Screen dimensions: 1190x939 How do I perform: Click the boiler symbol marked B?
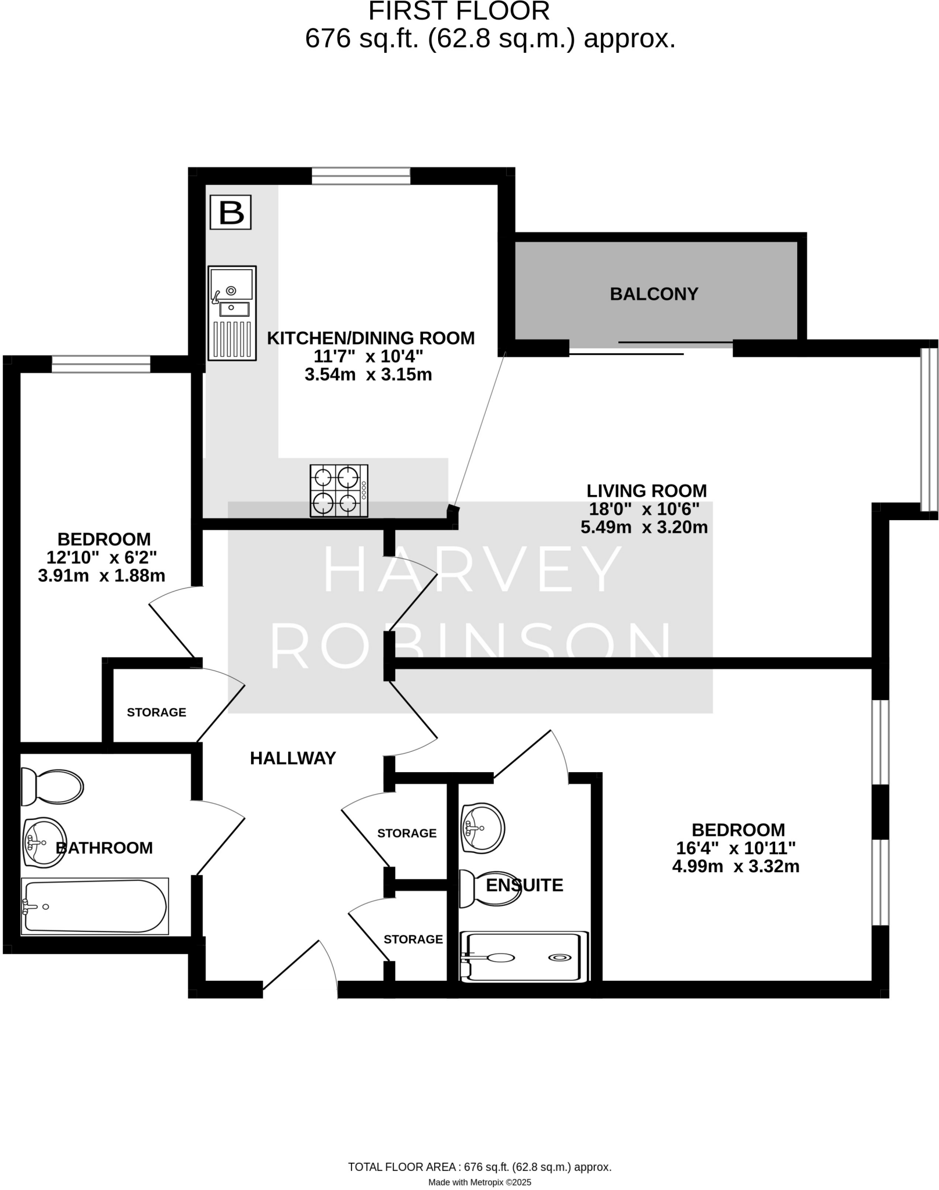[231, 213]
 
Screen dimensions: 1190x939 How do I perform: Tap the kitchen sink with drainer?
[232, 313]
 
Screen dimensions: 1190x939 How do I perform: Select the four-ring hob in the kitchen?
[339, 490]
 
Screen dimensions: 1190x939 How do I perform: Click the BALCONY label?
[654, 294]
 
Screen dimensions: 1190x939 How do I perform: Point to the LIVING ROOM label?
[646, 491]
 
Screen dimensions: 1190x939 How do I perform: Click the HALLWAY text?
[293, 758]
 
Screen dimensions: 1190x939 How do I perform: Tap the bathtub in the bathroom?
[94, 906]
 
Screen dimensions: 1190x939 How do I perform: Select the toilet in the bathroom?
[52, 787]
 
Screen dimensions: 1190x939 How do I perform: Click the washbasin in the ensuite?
[482, 828]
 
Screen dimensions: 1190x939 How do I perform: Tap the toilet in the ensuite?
[488, 888]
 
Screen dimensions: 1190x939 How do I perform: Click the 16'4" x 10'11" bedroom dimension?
[736, 848]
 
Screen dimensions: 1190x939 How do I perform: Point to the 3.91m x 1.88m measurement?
[102, 576]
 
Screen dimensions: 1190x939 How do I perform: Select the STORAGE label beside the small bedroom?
[156, 712]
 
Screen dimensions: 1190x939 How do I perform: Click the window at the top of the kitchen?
[361, 176]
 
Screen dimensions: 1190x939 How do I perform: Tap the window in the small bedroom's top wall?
[101, 364]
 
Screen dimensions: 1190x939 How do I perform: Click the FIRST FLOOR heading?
[459, 12]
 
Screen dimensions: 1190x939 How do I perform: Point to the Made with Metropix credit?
[479, 1182]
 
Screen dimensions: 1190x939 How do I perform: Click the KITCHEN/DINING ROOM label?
[371, 338]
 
